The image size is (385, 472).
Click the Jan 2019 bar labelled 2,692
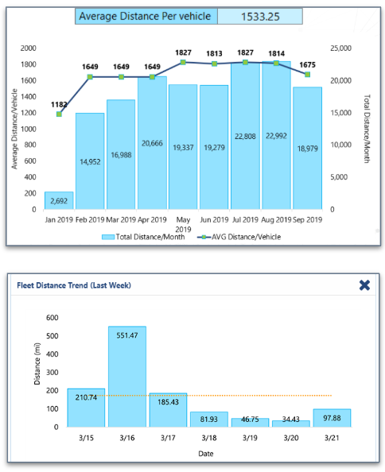tap(59, 200)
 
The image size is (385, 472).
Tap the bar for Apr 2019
tap(152, 143)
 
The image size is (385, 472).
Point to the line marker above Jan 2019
tap(59, 114)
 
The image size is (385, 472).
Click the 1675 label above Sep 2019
tap(307, 64)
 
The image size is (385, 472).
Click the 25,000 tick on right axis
tap(340, 48)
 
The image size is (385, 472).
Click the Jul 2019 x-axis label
tap(245, 219)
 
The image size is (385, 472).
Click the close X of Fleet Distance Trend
tap(364, 285)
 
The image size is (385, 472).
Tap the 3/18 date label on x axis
tap(208, 438)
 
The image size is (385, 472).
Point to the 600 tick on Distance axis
tap(52, 318)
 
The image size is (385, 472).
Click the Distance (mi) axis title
tap(37, 371)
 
